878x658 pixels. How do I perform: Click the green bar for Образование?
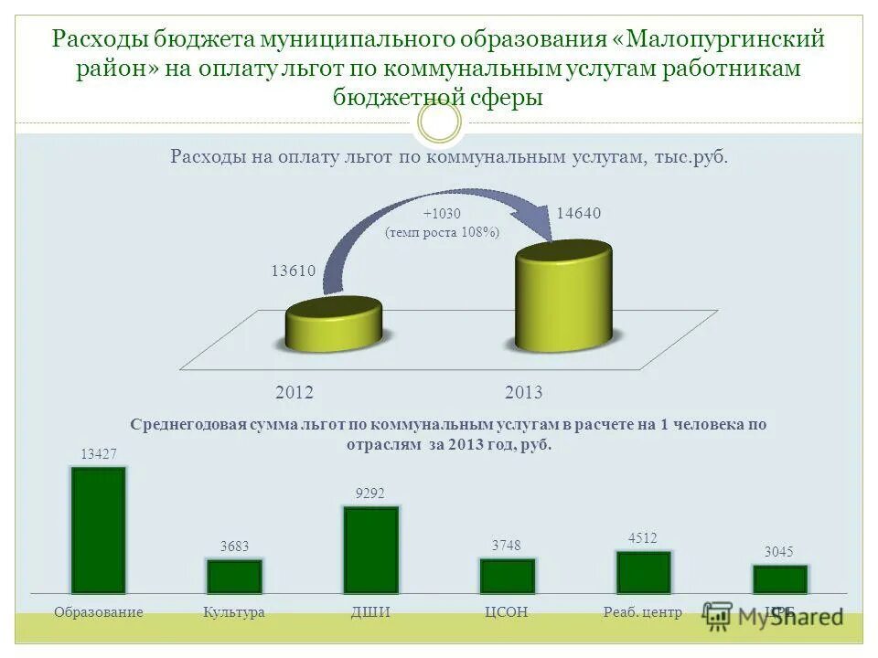click(99, 530)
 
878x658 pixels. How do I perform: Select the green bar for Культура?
click(234, 577)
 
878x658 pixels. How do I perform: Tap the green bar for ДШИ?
click(370, 550)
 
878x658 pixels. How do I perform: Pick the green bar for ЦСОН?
click(507, 576)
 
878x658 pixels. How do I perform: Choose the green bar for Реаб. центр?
click(643, 572)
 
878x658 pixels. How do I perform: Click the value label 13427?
click(99, 454)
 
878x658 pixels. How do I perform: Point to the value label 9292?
click(370, 493)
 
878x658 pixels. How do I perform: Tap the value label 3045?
click(779, 552)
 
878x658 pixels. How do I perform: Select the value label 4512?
click(643, 538)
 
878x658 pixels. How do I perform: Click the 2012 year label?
click(294, 393)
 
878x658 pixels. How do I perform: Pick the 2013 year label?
click(523, 393)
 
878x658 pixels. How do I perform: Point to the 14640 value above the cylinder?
click(579, 214)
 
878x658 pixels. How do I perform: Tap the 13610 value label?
click(293, 271)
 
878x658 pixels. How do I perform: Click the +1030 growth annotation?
click(442, 214)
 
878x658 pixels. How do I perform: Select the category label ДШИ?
click(370, 612)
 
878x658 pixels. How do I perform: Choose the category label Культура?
click(234, 612)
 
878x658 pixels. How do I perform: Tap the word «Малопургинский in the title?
click(713, 39)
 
